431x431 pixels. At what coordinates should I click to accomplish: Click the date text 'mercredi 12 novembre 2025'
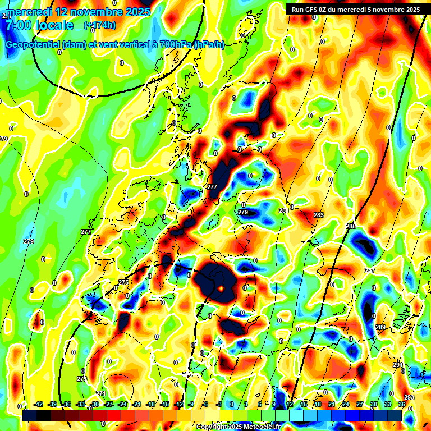(78, 11)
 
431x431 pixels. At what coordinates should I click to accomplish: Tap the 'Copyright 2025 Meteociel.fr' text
(239, 427)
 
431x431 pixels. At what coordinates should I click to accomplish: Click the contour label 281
(283, 210)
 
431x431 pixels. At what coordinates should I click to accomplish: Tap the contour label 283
(319, 215)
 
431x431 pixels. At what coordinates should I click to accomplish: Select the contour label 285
(351, 226)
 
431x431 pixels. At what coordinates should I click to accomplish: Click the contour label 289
(380, 327)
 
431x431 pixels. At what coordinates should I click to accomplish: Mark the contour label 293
(409, 397)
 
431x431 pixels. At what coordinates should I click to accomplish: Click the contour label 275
(123, 282)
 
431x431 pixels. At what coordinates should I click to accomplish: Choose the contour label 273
(81, 379)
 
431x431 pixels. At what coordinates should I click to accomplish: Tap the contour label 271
(101, 393)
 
